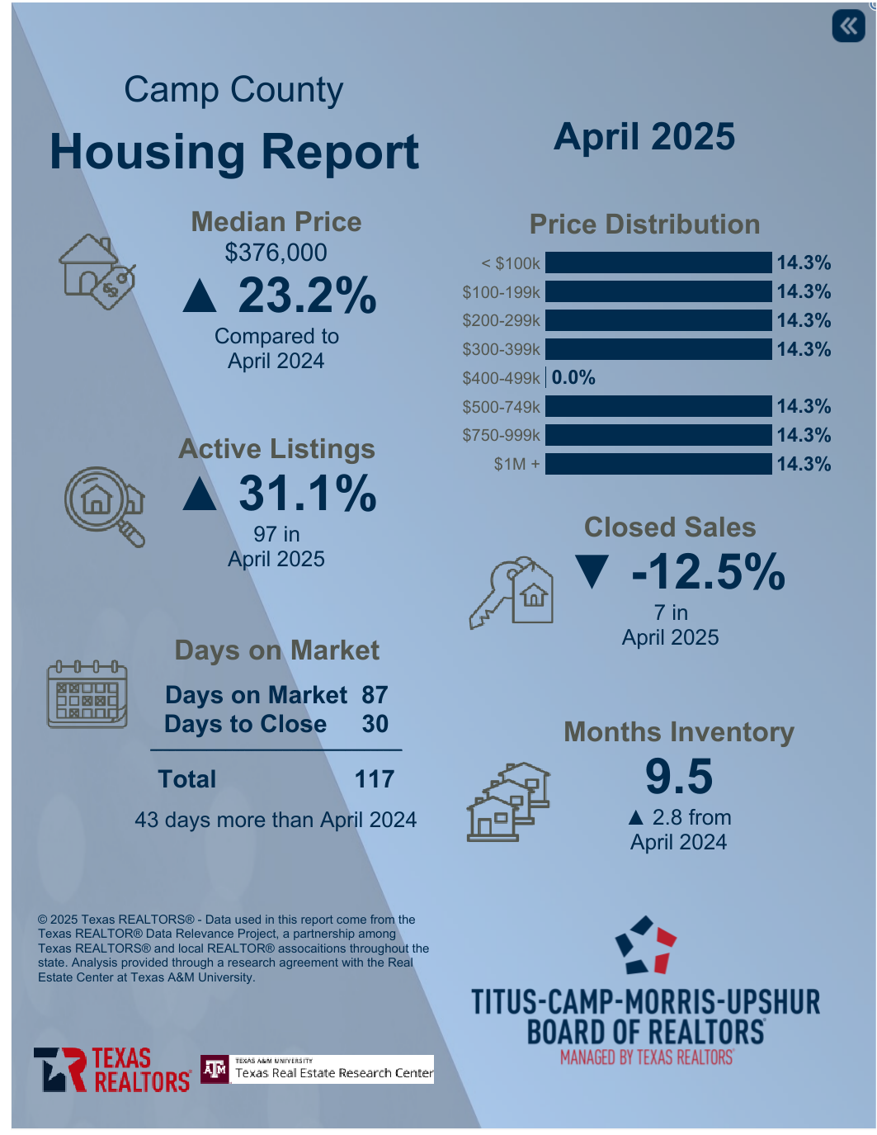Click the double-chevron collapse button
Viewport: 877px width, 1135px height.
pos(848,26)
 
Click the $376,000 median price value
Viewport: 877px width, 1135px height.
pos(276,253)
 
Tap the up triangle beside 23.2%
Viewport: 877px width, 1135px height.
pos(200,296)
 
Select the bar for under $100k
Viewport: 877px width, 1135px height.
pos(658,262)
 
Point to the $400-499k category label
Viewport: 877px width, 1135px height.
pos(501,378)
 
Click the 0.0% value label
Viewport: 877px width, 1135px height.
pos(573,378)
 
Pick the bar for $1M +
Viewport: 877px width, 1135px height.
pos(658,464)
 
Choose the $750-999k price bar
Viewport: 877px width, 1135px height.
pos(658,435)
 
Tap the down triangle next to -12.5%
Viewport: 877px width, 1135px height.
pos(592,571)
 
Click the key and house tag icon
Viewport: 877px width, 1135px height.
pos(512,592)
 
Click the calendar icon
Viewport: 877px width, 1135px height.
pos(87,694)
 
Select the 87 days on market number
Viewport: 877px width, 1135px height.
pos(375,695)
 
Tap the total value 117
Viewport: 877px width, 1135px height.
pos(375,779)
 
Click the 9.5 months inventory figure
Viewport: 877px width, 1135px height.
pos(679,777)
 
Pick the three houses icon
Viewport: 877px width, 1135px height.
pos(508,802)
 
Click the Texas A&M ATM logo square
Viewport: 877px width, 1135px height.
pos(215,1070)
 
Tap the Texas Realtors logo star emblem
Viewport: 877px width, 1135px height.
pos(60,1070)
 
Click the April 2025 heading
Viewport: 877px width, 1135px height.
pos(644,137)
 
